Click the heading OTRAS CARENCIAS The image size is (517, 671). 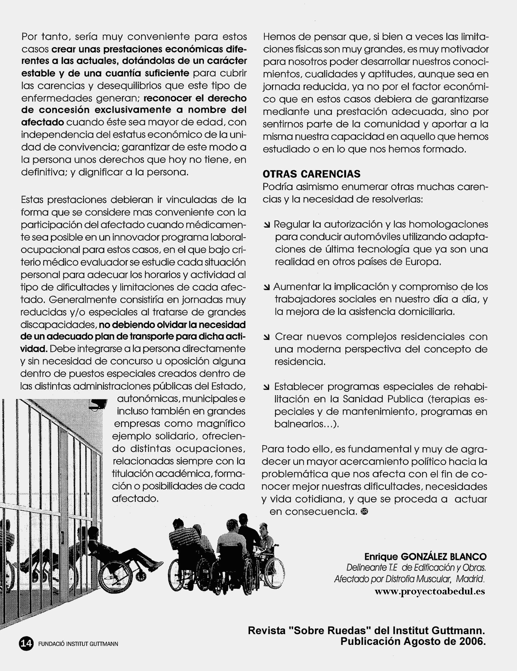pyautogui.click(x=311, y=174)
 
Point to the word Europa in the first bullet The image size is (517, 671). pyautogui.click(x=422, y=262)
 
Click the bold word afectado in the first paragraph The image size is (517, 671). pyautogui.click(x=43, y=122)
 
